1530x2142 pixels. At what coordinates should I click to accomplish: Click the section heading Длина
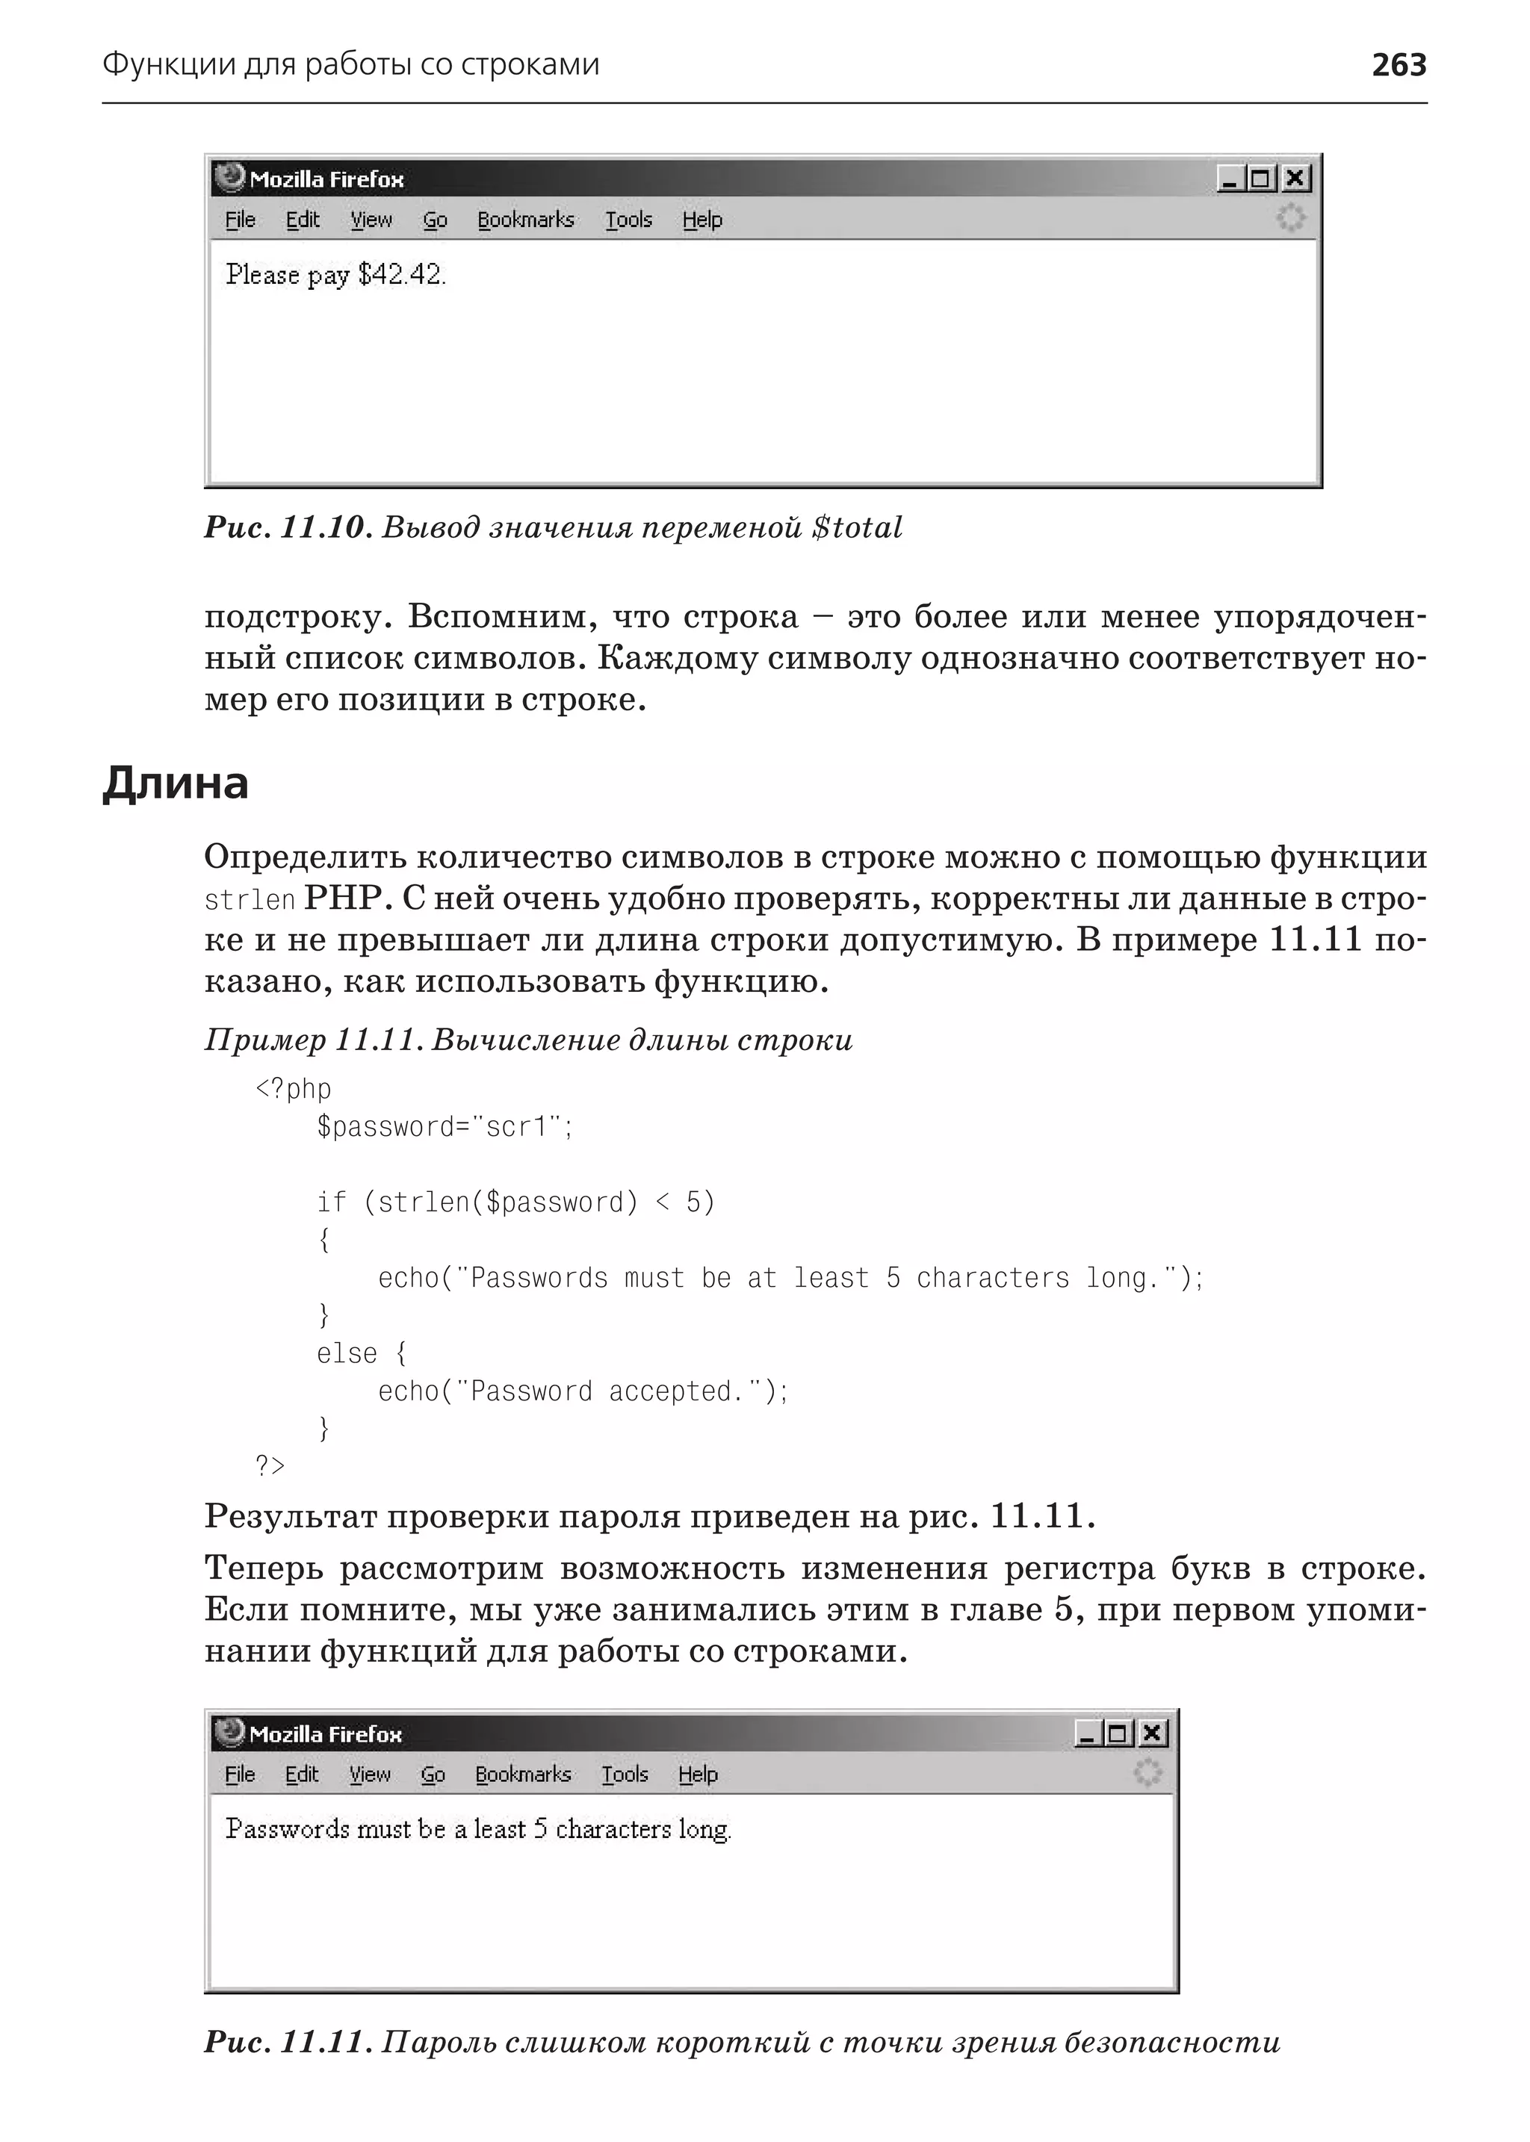pyautogui.click(x=176, y=783)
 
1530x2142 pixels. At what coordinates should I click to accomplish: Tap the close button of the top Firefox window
pyautogui.click(x=1296, y=178)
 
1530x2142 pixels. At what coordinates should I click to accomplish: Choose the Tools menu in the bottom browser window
pyautogui.click(x=625, y=1775)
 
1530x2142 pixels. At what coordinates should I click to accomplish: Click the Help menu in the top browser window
pyautogui.click(x=702, y=220)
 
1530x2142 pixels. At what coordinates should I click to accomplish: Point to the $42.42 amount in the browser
pyautogui.click(x=400, y=275)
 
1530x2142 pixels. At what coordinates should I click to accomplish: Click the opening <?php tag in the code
pyautogui.click(x=293, y=1089)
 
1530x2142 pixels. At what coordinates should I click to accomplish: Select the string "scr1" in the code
pyautogui.click(x=516, y=1126)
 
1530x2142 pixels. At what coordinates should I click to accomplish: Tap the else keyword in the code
pyautogui.click(x=346, y=1353)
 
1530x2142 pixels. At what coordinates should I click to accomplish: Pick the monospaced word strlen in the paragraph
pyautogui.click(x=250, y=901)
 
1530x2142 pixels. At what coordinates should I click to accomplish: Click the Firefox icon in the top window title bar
pyautogui.click(x=229, y=177)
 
